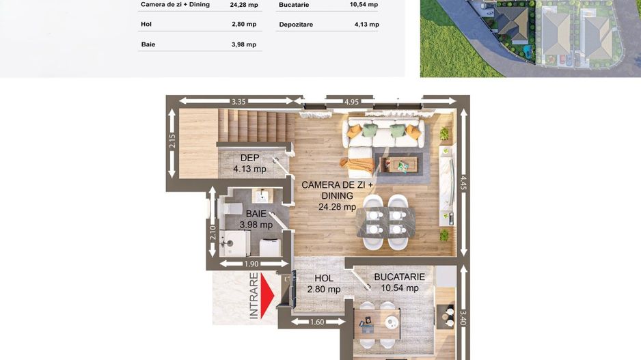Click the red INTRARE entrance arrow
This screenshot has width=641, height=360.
[267, 295]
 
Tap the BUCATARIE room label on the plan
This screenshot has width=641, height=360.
[399, 277]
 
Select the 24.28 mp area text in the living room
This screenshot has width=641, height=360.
[338, 207]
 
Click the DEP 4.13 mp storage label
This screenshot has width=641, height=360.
[250, 163]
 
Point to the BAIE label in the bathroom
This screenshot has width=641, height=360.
[256, 214]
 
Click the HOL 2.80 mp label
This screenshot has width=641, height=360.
[324, 283]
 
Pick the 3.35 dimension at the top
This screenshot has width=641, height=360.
[238, 101]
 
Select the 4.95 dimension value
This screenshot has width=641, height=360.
[351, 101]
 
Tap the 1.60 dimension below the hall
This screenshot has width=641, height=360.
[317, 322]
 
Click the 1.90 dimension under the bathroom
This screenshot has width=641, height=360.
[251, 264]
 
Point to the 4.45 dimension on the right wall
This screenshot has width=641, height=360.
[463, 182]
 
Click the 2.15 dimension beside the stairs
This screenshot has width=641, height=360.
[172, 141]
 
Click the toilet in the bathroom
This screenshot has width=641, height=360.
[230, 208]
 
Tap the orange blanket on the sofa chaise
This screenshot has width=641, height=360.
[357, 165]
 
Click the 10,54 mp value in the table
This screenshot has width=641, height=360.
[364, 5]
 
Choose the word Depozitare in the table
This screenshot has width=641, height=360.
[296, 25]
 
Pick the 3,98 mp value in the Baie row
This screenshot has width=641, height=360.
[244, 44]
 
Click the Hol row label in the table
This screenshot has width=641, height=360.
[146, 24]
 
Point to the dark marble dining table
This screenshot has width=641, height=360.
[386, 222]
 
